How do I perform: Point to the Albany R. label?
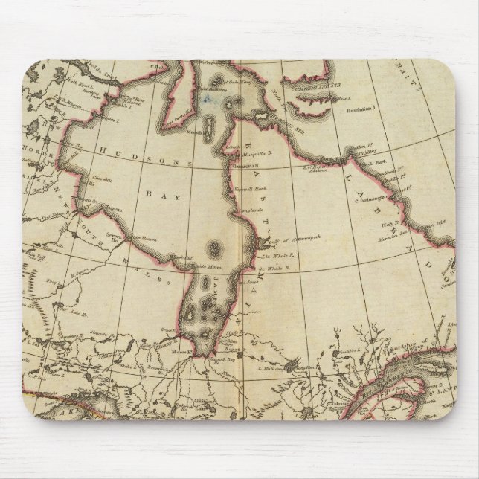(168, 327)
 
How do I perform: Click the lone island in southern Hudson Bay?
(214, 247)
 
